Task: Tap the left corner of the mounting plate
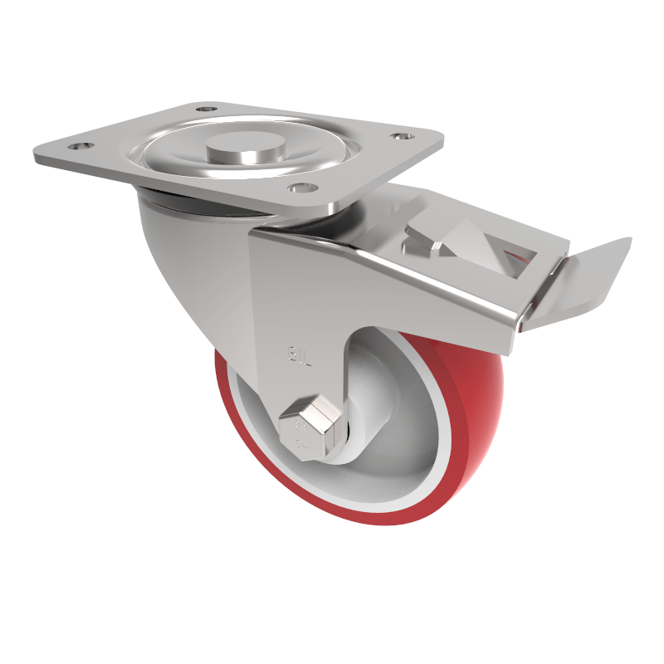[x=37, y=155]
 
